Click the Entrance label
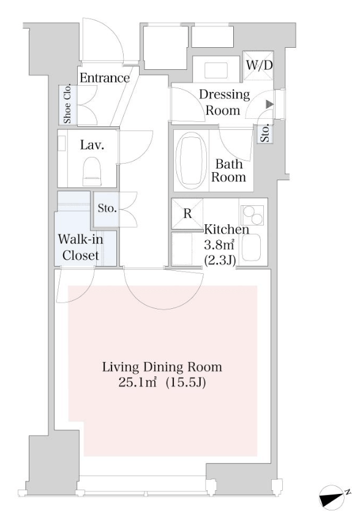(x=105, y=78)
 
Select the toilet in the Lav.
(x=92, y=172)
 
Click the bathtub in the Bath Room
(x=190, y=161)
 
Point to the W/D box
(x=258, y=66)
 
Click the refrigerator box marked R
(x=187, y=214)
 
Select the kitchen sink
(x=251, y=248)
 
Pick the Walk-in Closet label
(x=81, y=247)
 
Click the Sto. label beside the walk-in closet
(x=107, y=208)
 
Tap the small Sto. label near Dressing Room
(x=265, y=134)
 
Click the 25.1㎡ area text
(x=138, y=383)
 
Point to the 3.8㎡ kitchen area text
(x=219, y=245)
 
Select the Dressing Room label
(x=224, y=102)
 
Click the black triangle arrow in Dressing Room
(x=269, y=105)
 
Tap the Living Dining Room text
(x=162, y=367)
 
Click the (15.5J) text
(x=186, y=383)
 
